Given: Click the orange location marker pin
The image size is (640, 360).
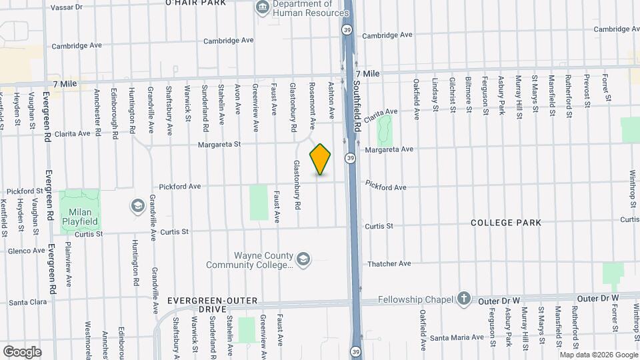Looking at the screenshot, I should pyautogui.click(x=321, y=159).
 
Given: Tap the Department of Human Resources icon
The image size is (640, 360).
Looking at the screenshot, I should pyautogui.click(x=261, y=8).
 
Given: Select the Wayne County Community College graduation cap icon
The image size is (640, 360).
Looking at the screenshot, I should pyautogui.click(x=303, y=259).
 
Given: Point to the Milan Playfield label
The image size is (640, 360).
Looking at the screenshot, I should pyautogui.click(x=80, y=217).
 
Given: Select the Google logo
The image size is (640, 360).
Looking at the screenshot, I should pyautogui.click(x=22, y=351).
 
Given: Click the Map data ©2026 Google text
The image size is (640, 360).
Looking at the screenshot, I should pyautogui.click(x=598, y=355).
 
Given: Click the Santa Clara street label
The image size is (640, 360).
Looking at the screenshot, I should pyautogui.click(x=27, y=302).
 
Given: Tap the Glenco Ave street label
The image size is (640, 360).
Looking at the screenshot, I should pyautogui.click(x=26, y=251).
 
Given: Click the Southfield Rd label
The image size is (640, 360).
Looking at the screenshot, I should pyautogui.click(x=357, y=107).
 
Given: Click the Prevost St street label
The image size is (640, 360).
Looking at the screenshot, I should pyautogui.click(x=587, y=91).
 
